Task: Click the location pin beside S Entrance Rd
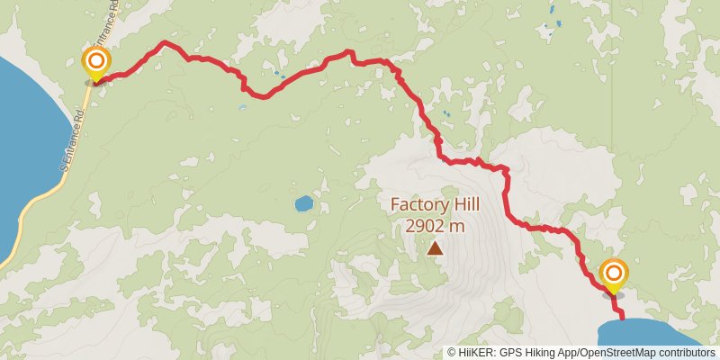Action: [95, 63]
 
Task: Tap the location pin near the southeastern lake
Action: [614, 275]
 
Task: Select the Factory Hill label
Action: [435, 205]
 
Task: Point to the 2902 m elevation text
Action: [435, 226]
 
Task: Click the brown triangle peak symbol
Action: [436, 247]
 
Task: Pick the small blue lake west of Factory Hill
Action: [303, 203]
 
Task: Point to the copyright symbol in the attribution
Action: [452, 353]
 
